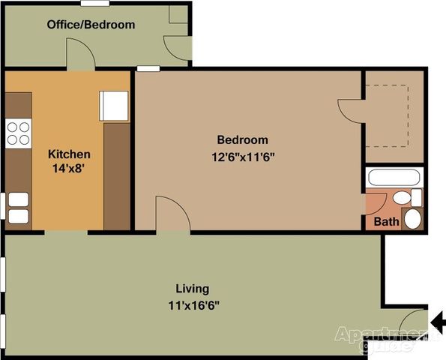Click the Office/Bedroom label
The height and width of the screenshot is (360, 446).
[91, 25]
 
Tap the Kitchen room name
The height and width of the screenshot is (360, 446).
[70, 154]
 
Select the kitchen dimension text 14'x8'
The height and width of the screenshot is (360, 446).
[70, 169]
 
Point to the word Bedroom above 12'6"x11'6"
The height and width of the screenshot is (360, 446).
[242, 139]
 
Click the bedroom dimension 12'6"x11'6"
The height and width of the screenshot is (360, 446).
[242, 157]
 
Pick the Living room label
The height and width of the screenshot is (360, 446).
[192, 288]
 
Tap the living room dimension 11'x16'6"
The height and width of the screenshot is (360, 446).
[193, 305]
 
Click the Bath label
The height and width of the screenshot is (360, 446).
[386, 222]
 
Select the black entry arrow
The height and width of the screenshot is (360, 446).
[439, 320]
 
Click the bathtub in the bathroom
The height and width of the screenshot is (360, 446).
[394, 178]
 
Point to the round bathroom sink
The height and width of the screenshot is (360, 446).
[412, 219]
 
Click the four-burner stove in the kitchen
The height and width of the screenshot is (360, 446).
[18, 133]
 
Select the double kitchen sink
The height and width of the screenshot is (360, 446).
[18, 208]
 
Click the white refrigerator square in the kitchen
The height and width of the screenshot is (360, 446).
[115, 106]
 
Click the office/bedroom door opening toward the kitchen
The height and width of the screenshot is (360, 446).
[80, 54]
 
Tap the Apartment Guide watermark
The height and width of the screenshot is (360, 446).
[387, 338]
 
